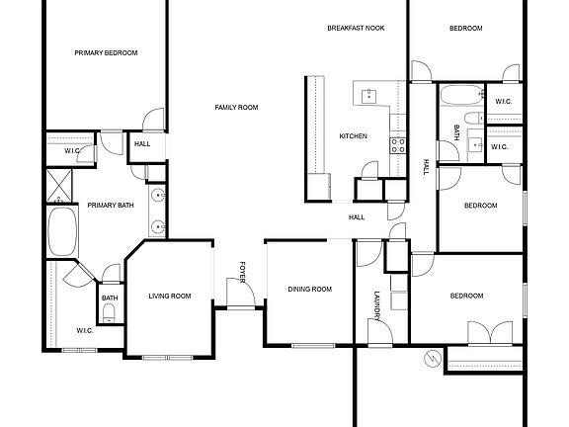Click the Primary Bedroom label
(x=107, y=52)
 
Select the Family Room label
(x=237, y=107)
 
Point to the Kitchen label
(x=353, y=136)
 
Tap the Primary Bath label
(x=111, y=206)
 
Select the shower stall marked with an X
(x=57, y=185)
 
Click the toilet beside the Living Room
(x=110, y=313)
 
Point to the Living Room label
(x=170, y=297)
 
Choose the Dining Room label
(x=309, y=290)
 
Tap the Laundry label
(x=376, y=304)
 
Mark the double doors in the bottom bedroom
(x=495, y=333)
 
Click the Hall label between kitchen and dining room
(x=357, y=217)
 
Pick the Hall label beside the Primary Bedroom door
(x=142, y=144)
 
